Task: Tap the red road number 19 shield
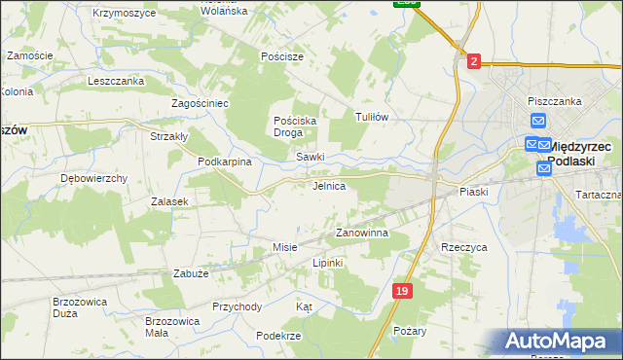[x=403, y=291]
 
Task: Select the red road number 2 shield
[x=473, y=61]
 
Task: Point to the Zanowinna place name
[x=362, y=234]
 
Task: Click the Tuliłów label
[x=372, y=117]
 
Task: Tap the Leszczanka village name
[x=116, y=81]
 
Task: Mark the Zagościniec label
[x=200, y=102]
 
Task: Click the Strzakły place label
[x=168, y=136]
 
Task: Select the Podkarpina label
[x=225, y=162]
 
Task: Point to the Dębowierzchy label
[x=94, y=178]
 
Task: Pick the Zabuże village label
[x=191, y=274]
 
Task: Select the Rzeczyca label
[x=463, y=247]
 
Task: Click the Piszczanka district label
[x=554, y=100]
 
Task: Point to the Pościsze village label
[x=282, y=56]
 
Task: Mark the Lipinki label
[x=328, y=263]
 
